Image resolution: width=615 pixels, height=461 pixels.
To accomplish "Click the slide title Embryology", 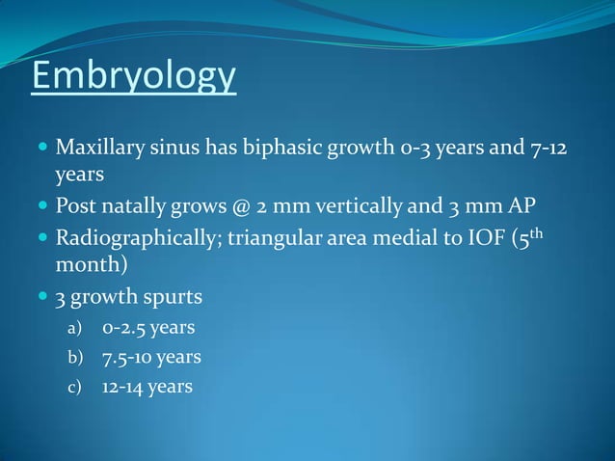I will pyautogui.click(x=134, y=76).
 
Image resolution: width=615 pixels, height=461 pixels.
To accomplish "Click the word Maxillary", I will pyautogui.click(x=100, y=150).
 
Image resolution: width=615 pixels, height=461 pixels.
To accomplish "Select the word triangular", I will pyautogui.click(x=273, y=237).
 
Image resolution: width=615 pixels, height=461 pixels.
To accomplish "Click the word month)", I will pyautogui.click(x=92, y=264).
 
